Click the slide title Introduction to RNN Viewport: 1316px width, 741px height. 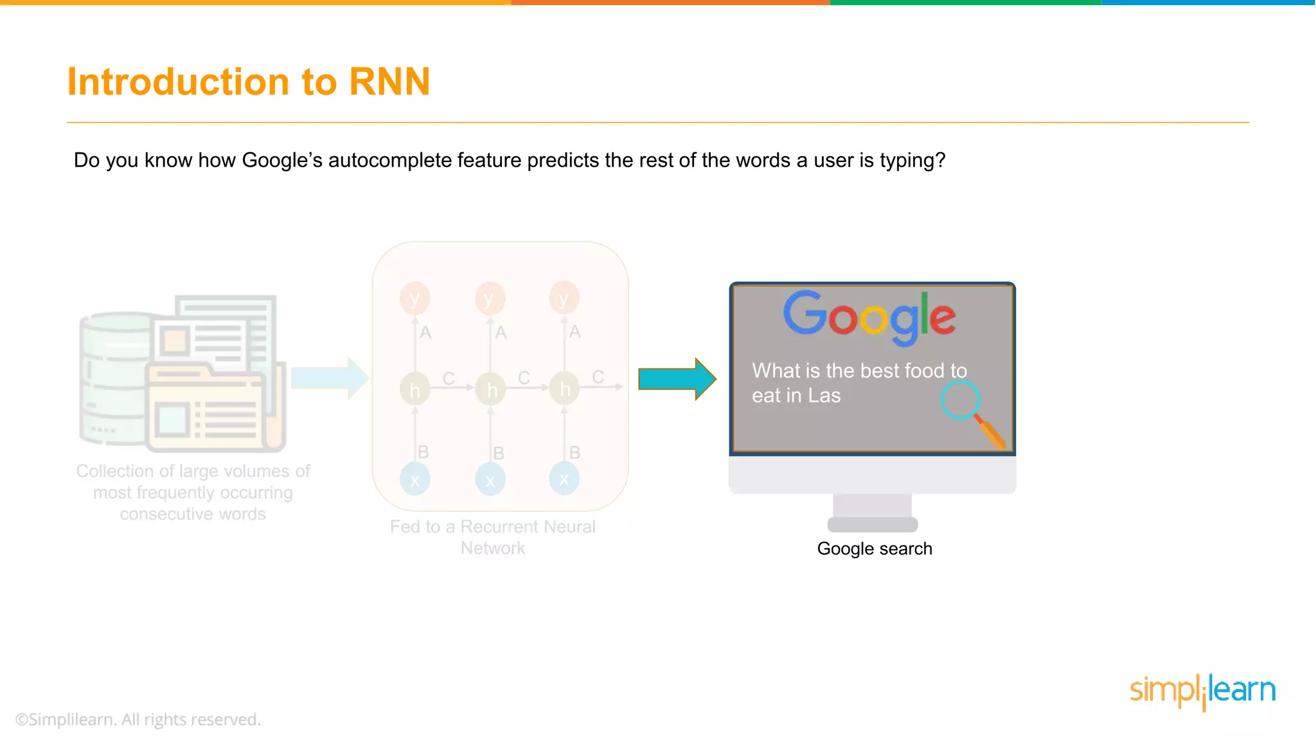coord(248,82)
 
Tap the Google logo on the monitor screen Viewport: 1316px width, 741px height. coord(869,316)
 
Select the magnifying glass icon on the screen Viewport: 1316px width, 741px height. coord(970,412)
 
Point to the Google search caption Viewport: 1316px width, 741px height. coord(874,549)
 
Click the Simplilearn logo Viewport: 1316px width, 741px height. coord(1202,691)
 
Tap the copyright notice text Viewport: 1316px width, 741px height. coord(138,719)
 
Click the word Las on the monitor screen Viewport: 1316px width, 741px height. coord(824,396)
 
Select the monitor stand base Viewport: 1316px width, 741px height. coord(872,524)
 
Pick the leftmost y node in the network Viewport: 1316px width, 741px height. coord(415,298)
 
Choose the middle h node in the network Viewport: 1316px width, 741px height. coord(490,389)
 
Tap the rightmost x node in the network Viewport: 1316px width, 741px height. coord(564,479)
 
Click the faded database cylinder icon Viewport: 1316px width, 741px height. coord(112,380)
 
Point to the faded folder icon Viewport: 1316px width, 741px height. coord(206,408)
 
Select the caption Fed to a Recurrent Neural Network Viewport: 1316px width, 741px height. coord(493,537)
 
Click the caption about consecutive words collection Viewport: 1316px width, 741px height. coord(193,492)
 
